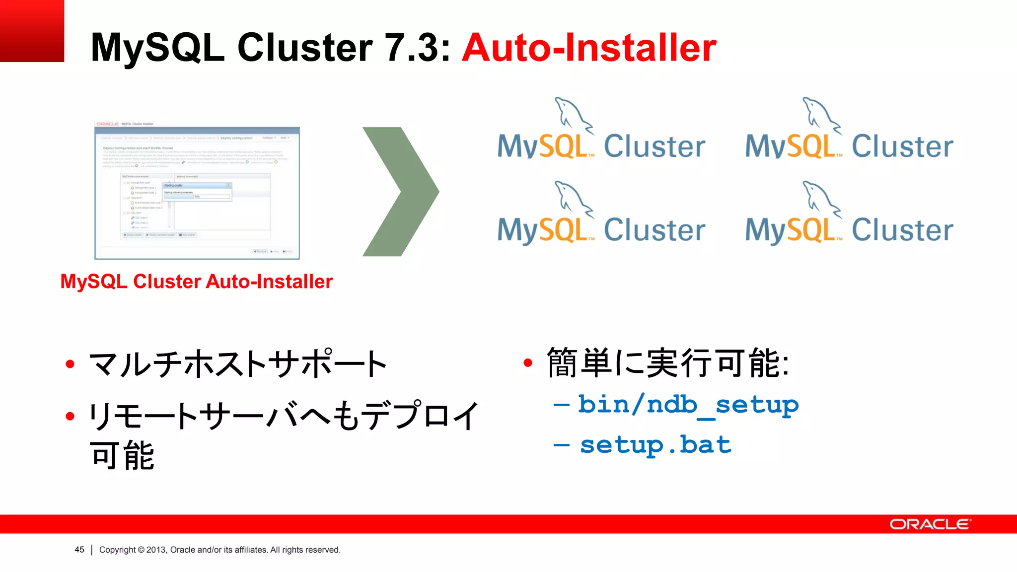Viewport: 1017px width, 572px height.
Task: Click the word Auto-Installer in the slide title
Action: point(589,48)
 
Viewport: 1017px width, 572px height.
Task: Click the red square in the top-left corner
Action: point(32,31)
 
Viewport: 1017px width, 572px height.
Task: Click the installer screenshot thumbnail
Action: point(197,193)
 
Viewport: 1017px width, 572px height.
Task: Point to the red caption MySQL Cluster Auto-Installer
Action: point(196,282)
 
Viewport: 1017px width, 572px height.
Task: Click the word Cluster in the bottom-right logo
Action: point(902,230)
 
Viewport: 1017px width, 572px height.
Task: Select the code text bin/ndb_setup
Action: point(688,405)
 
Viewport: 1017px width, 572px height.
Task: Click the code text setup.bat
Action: point(655,445)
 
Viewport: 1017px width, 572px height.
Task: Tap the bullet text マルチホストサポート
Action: point(237,364)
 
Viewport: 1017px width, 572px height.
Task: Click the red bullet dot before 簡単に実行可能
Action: point(528,363)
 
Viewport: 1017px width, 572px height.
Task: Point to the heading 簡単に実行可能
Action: point(668,363)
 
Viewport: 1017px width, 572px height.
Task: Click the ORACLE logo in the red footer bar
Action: point(930,524)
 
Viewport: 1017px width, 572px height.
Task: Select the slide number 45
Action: point(79,550)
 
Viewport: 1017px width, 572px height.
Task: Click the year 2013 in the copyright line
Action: point(156,550)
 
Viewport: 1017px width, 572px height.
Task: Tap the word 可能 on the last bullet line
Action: point(122,455)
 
